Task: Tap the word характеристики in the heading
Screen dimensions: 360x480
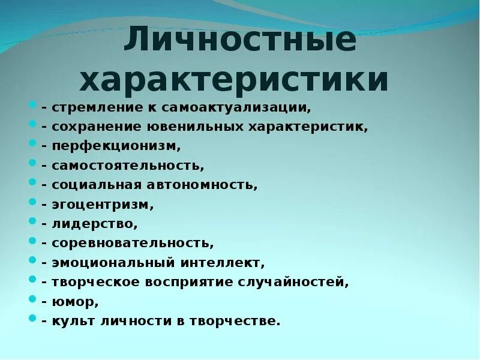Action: tap(234, 80)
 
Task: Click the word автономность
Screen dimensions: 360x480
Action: tap(206, 184)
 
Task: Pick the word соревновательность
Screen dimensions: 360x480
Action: tap(133, 244)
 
